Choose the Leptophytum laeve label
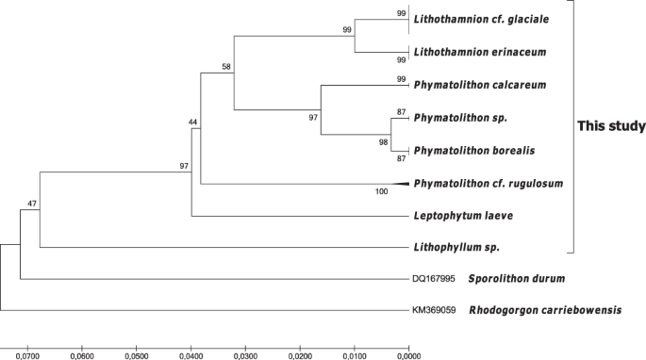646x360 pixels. [x=463, y=215]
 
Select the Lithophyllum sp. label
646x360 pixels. [x=456, y=248]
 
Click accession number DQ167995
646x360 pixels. [x=434, y=279]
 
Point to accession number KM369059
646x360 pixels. [x=434, y=310]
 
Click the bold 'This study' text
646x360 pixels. [x=611, y=126]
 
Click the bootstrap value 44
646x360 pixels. [x=193, y=123]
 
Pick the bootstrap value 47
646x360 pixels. [x=31, y=204]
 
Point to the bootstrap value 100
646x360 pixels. [x=383, y=192]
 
